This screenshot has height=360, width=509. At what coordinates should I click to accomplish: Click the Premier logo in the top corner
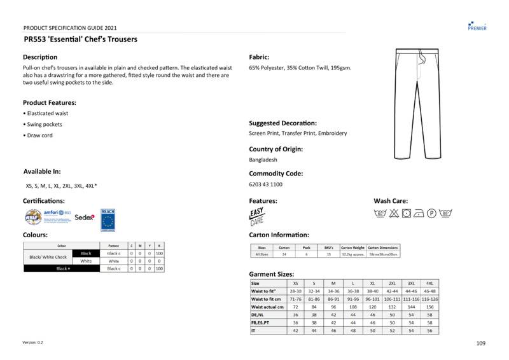pyautogui.click(x=477, y=25)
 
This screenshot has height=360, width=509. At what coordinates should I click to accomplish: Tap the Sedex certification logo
pyautogui.click(x=85, y=217)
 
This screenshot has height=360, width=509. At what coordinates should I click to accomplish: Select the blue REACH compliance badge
pyautogui.click(x=108, y=218)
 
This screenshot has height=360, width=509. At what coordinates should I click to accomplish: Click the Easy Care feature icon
pyautogui.click(x=256, y=216)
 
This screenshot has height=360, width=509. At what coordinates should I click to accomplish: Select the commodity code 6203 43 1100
pyautogui.click(x=266, y=184)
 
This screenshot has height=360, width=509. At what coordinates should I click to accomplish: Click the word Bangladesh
pyautogui.click(x=263, y=160)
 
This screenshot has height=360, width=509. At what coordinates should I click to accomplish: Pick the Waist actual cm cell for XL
pyautogui.click(x=373, y=307)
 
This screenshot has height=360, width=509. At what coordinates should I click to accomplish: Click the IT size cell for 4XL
pyautogui.click(x=429, y=331)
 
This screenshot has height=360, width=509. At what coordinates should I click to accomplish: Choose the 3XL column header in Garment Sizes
pyautogui.click(x=411, y=283)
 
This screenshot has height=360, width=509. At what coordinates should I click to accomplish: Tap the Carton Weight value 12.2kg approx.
pyautogui.click(x=353, y=254)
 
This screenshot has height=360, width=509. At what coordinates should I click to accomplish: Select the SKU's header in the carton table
pyautogui.click(x=328, y=247)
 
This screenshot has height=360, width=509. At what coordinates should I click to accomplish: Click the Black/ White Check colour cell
pyautogui.click(x=48, y=257)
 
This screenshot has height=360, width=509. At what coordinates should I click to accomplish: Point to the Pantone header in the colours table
pyautogui.click(x=114, y=246)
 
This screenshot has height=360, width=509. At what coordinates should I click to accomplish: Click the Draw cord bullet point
pyautogui.click(x=39, y=135)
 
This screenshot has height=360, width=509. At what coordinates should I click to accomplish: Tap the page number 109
pyautogui.click(x=480, y=343)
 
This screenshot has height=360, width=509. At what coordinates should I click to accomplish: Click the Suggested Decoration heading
pyautogui.click(x=283, y=123)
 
